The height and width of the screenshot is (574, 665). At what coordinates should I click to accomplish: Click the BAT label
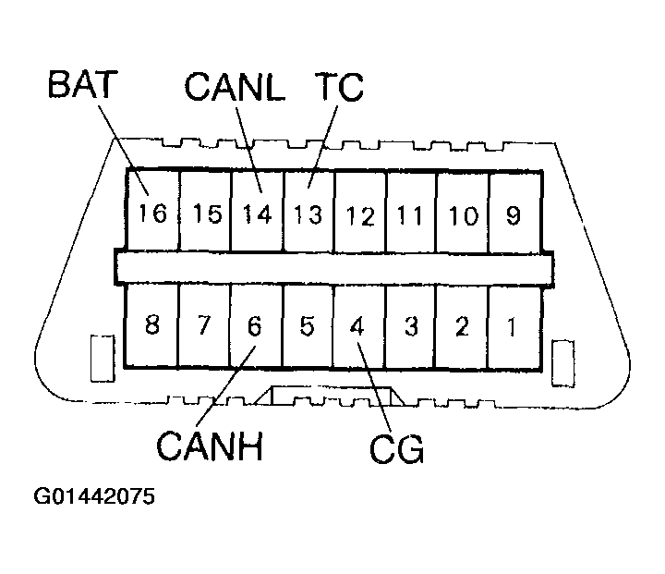(82, 84)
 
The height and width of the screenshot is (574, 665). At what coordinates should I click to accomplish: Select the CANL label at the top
(235, 86)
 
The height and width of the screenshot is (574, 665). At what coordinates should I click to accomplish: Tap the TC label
(339, 87)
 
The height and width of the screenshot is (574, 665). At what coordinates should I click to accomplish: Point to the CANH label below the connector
(210, 446)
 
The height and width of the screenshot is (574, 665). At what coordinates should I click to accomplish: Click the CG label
(396, 449)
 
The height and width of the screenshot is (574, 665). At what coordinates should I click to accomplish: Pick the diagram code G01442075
(94, 495)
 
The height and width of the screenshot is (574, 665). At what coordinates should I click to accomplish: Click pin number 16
(152, 213)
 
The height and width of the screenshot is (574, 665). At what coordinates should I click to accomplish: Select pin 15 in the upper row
(207, 214)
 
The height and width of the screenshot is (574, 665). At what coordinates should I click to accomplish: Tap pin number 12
(360, 216)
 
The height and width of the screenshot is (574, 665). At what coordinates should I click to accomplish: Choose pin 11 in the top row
(410, 215)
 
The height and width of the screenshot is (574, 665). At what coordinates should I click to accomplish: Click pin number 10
(463, 215)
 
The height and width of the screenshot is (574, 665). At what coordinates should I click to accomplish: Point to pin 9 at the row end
(514, 215)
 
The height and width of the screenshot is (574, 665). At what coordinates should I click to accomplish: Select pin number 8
(152, 324)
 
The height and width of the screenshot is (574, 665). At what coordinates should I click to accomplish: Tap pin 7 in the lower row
(204, 324)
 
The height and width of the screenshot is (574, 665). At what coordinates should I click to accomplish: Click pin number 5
(307, 326)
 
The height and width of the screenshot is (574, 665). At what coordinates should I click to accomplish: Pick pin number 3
(411, 326)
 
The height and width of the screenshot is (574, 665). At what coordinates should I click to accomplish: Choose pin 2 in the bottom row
(462, 326)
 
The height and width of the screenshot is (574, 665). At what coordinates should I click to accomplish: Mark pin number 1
(513, 326)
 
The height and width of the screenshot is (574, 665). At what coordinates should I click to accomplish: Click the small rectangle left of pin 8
(103, 359)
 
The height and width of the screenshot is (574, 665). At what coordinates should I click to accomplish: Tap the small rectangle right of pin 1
(563, 363)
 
